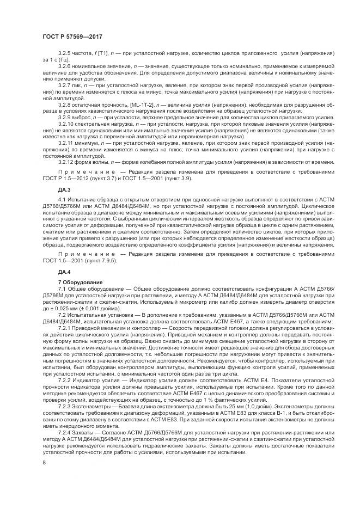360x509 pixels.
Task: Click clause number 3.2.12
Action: click(x=67, y=161)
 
